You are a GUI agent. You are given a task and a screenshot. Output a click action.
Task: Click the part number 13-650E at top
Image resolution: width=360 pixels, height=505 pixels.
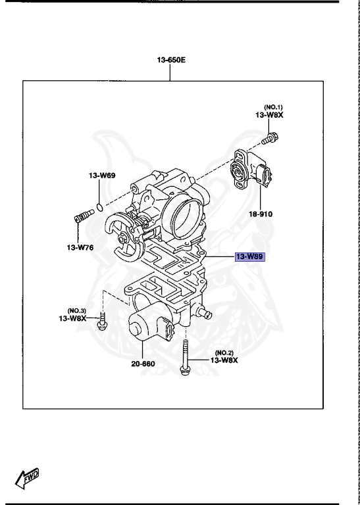coord(170,60)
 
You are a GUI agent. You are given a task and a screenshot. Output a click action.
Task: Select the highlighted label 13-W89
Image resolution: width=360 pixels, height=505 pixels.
coord(249,256)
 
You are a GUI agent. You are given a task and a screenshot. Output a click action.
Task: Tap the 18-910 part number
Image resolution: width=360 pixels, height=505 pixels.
coord(260,214)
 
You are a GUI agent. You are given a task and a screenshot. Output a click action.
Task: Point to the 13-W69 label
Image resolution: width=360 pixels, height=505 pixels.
coord(102,176)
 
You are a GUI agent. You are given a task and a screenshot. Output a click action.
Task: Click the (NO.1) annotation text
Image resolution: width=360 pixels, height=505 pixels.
coord(273,107)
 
